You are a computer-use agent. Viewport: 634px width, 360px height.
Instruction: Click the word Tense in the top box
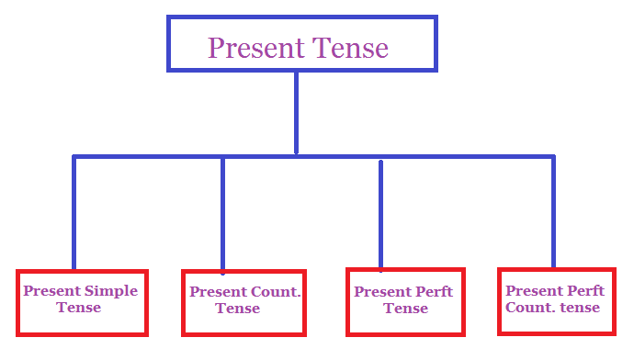click(x=352, y=47)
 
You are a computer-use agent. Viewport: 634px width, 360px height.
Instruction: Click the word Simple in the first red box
click(x=111, y=291)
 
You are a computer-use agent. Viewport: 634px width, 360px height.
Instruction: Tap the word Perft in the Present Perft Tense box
click(x=433, y=292)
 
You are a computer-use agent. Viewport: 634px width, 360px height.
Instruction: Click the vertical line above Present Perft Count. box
click(x=553, y=211)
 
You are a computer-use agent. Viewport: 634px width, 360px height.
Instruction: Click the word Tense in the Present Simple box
click(x=79, y=308)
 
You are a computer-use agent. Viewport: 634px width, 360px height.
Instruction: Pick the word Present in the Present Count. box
click(x=219, y=292)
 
